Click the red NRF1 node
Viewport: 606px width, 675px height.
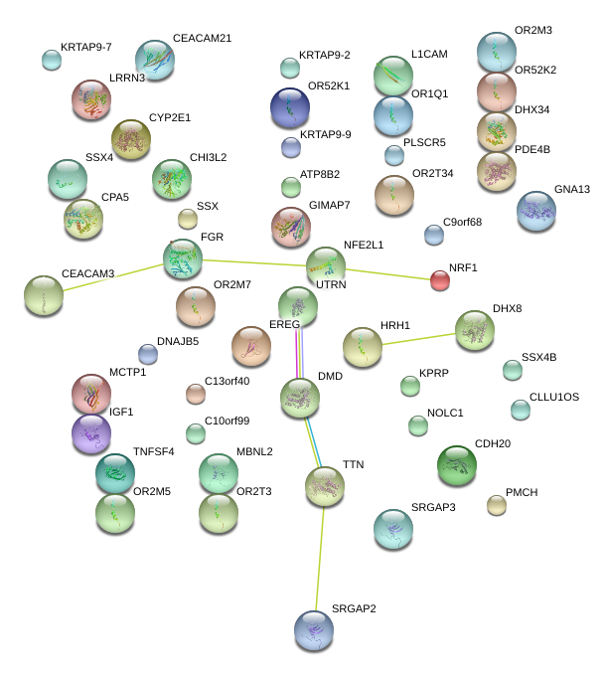[440, 280]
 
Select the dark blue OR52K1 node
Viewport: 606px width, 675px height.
[290, 106]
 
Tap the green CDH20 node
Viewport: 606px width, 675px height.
[457, 464]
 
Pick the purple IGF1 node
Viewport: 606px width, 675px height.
[91, 432]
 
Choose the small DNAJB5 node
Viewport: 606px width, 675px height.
[148, 353]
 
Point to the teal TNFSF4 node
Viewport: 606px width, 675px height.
[115, 473]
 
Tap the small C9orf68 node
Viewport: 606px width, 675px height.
[434, 235]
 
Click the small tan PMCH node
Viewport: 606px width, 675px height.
[497, 505]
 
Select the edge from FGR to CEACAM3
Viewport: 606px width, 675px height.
[104, 277]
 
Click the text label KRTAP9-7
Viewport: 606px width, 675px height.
[85, 47]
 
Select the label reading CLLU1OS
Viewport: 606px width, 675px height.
[554, 397]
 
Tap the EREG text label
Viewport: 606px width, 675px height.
[284, 325]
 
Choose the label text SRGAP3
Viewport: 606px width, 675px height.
[433, 508]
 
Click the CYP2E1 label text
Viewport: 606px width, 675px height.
[170, 117]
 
